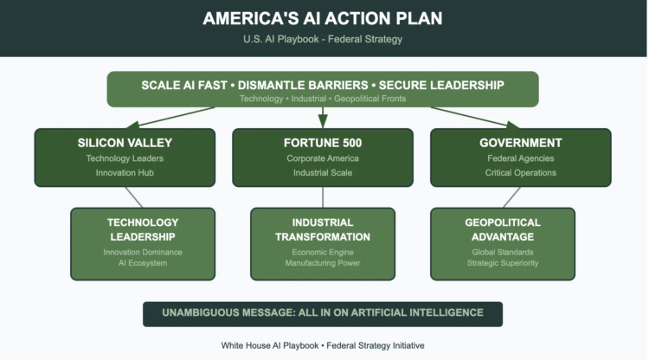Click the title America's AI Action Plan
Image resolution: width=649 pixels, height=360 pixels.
point(323,19)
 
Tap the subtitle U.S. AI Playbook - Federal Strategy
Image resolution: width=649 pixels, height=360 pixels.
point(323,39)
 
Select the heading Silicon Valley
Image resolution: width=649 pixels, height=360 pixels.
point(125,143)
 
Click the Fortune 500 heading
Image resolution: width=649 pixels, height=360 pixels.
point(323,143)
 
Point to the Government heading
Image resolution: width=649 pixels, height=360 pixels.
point(520,143)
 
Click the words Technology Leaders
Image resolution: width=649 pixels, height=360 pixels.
point(125,158)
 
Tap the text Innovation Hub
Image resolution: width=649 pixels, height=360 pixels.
point(125,173)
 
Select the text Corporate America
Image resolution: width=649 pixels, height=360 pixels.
point(323,158)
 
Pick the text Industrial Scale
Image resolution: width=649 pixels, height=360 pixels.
point(323,173)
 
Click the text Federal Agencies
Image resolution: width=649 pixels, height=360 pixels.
point(520,158)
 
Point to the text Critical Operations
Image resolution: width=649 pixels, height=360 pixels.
point(520,173)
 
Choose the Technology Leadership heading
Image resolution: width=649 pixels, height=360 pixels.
point(143,229)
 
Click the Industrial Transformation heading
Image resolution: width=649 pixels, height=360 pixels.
point(323,229)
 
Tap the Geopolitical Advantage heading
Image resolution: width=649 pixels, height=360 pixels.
point(502,229)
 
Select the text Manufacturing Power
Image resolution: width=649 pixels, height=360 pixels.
point(323,263)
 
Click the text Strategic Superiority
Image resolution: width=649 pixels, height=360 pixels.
point(502,263)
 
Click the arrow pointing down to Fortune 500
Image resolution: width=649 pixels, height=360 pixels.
point(323,117)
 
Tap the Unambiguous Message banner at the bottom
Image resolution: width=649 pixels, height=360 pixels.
point(323,312)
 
